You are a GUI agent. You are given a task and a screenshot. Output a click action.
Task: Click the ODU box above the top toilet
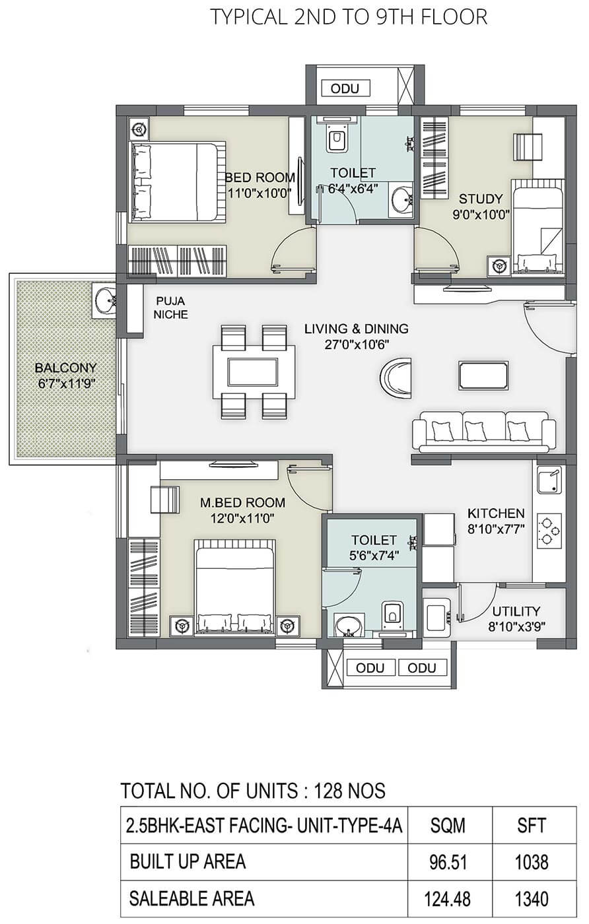(x=345, y=88)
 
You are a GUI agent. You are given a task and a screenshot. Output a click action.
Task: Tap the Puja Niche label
(x=170, y=308)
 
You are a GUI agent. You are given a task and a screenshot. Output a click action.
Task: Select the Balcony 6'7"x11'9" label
(x=66, y=376)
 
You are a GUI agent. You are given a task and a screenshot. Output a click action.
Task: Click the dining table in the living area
(x=254, y=372)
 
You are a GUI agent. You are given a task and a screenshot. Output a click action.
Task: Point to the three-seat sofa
(x=484, y=432)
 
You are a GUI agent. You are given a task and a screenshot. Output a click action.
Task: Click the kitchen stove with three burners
(x=549, y=531)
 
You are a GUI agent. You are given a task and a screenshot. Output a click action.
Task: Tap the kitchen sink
(x=549, y=480)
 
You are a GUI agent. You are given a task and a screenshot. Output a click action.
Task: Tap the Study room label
(x=481, y=199)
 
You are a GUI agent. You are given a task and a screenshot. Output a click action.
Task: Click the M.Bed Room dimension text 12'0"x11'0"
(x=243, y=518)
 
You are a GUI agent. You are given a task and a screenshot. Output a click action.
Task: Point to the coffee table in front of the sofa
(x=483, y=376)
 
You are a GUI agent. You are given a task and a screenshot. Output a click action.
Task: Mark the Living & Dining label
(x=357, y=329)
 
